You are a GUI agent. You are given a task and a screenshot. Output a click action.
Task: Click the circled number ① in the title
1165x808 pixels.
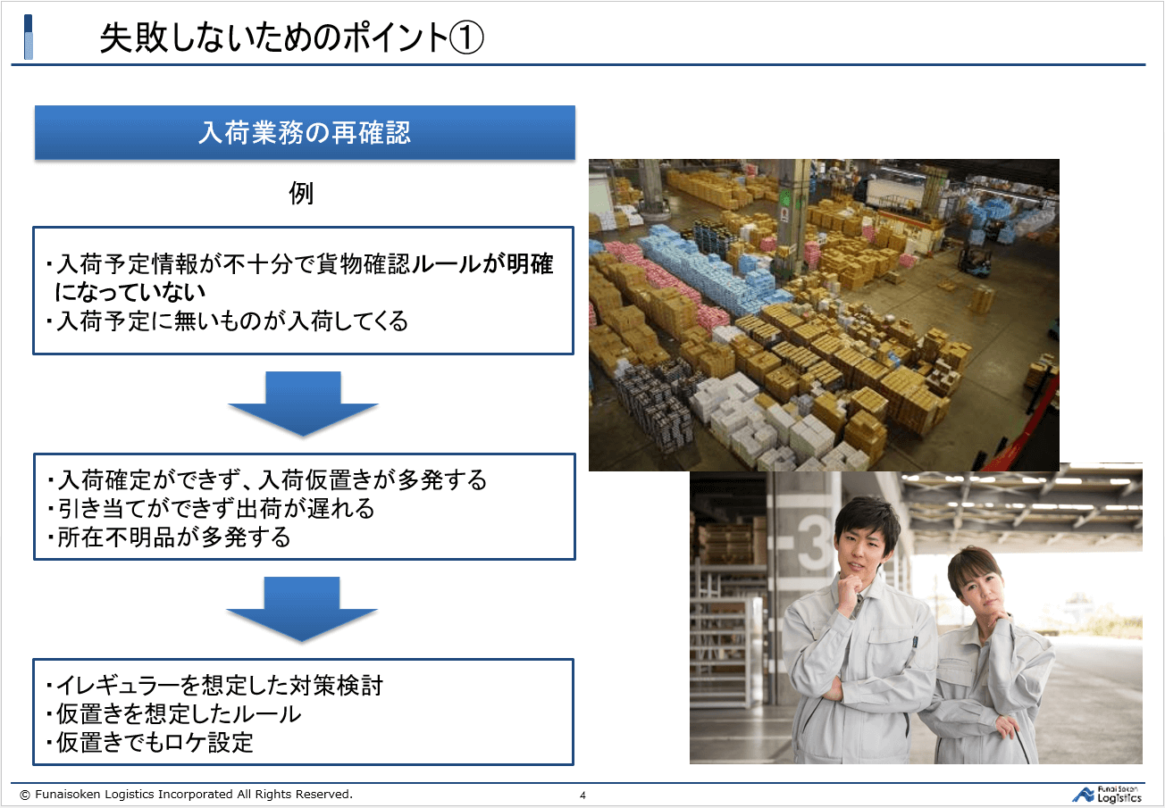(x=466, y=37)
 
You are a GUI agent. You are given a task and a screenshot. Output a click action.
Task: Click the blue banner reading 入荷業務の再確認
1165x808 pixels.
(x=305, y=132)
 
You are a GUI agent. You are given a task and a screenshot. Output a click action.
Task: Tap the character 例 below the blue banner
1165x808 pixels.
(x=301, y=194)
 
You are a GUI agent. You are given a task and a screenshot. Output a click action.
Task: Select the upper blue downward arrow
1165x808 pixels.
(x=303, y=404)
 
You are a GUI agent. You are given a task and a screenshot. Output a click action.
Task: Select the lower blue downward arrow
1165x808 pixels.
(x=302, y=609)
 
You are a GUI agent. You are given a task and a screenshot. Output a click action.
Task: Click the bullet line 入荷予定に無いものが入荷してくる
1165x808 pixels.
(x=227, y=321)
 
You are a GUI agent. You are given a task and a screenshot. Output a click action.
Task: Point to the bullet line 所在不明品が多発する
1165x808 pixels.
(x=169, y=537)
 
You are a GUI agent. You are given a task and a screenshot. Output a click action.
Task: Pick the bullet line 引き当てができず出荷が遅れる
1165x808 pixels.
(x=211, y=508)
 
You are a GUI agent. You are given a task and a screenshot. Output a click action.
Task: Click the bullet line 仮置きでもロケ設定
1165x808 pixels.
(x=149, y=743)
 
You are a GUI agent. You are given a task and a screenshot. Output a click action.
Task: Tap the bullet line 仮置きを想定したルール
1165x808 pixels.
(x=173, y=714)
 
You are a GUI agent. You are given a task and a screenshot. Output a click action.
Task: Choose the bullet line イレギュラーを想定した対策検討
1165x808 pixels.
(x=214, y=686)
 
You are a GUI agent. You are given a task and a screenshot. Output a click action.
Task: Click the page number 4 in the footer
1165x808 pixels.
(x=582, y=795)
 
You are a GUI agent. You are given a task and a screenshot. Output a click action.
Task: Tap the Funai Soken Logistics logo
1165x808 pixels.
(x=1107, y=795)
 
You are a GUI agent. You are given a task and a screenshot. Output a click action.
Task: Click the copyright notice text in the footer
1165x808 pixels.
(x=186, y=794)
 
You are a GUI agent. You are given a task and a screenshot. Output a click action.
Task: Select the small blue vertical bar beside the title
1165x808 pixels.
(x=28, y=37)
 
